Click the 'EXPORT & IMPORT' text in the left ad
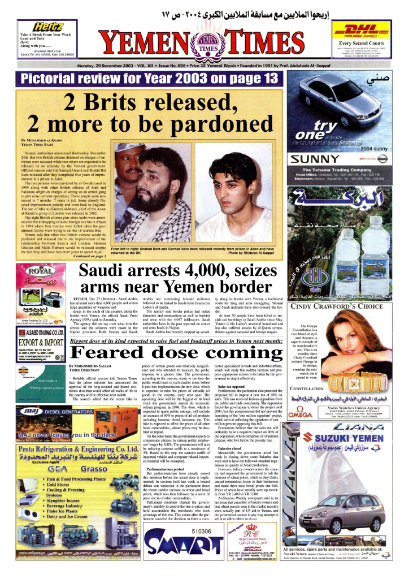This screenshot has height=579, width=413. click(x=40, y=342)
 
